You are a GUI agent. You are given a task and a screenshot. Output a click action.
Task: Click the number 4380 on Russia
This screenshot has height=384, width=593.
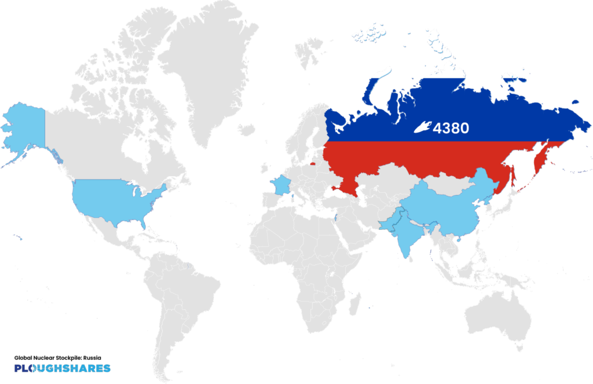[x=451, y=127]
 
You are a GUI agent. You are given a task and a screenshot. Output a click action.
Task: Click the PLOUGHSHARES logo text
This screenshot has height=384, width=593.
[x=62, y=368]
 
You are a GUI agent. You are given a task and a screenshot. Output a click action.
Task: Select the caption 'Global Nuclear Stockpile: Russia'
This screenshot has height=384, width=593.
[x=57, y=357]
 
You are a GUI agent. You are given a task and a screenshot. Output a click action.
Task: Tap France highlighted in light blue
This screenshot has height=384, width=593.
[x=282, y=186]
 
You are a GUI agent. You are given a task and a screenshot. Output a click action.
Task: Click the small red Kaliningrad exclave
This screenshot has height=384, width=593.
[x=313, y=163]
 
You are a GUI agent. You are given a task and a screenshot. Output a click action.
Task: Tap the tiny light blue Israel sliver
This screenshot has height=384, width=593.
[x=336, y=219]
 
